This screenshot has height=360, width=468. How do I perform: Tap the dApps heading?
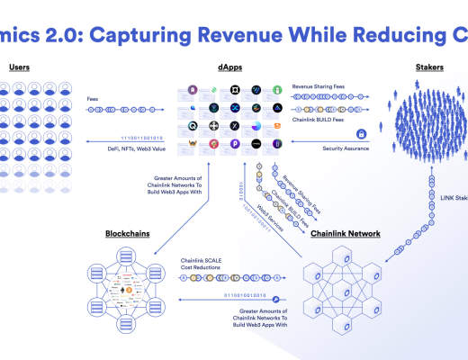(230, 67)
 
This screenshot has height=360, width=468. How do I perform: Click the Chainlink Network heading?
(345, 234)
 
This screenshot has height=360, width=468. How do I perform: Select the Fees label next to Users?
(93, 99)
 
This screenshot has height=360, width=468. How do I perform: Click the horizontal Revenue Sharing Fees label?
(319, 86)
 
